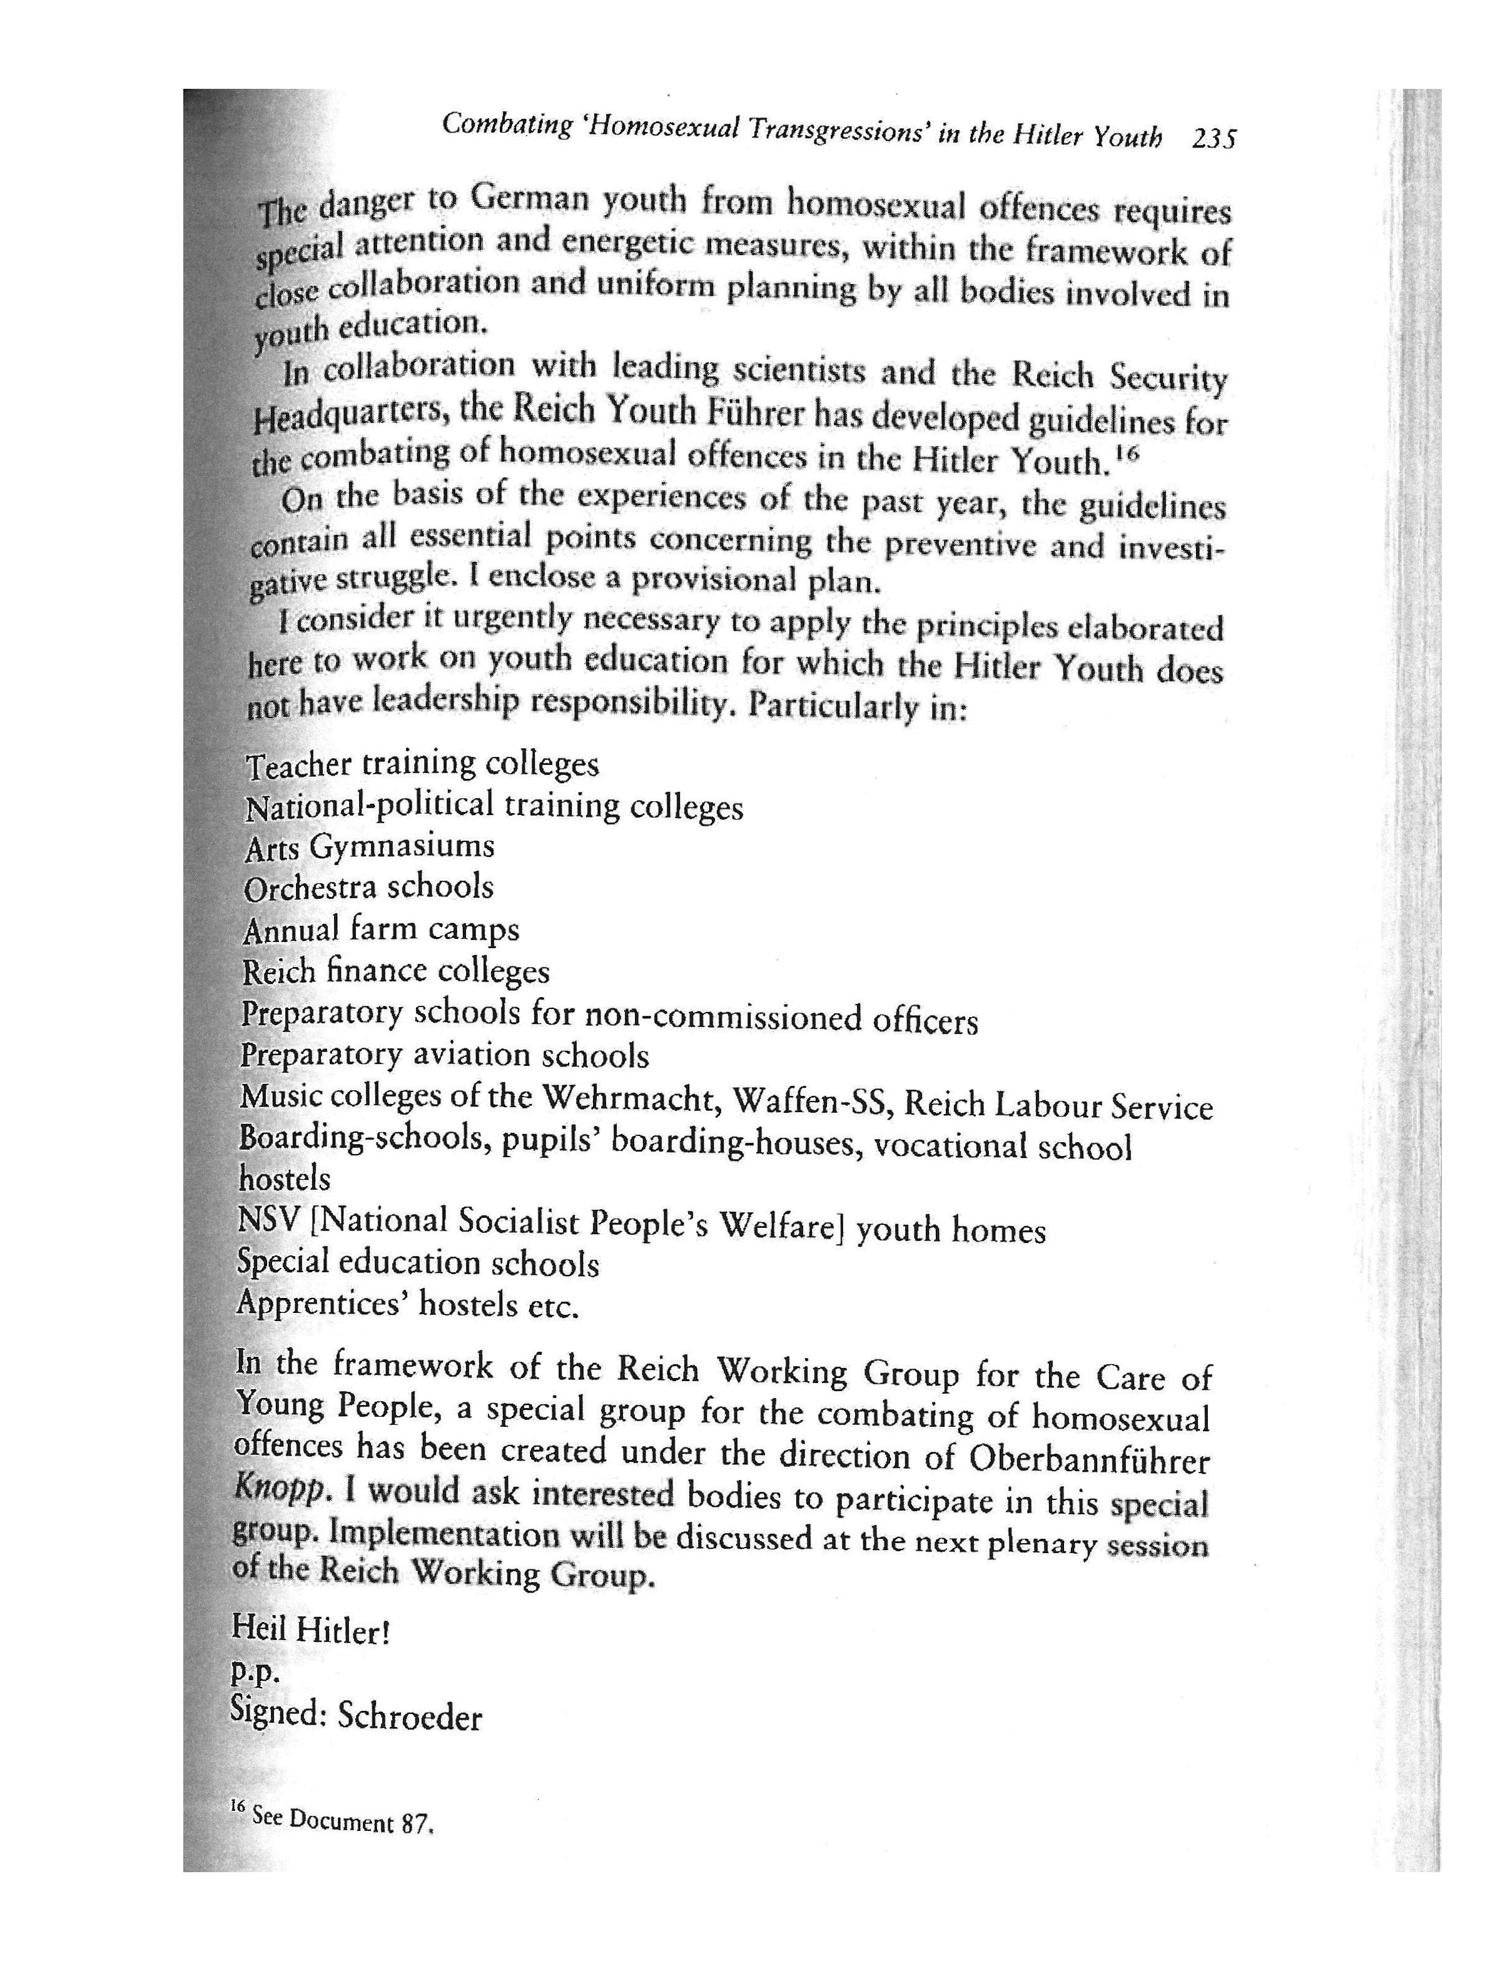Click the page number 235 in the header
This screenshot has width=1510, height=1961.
tap(1213, 139)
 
